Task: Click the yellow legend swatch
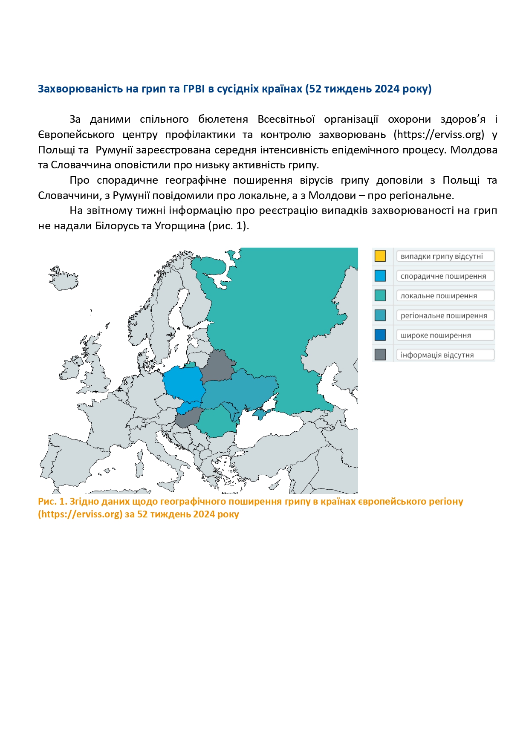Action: (380, 256)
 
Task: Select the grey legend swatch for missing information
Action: (380, 354)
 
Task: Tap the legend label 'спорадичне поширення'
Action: (443, 276)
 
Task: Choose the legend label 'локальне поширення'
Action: (438, 296)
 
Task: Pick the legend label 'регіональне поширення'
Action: (443, 315)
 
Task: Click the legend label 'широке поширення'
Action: (436, 335)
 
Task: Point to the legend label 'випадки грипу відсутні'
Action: (442, 256)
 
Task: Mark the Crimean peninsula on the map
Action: (260, 413)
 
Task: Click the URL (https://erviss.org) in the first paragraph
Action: (439, 135)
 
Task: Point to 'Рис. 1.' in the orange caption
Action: (52, 501)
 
